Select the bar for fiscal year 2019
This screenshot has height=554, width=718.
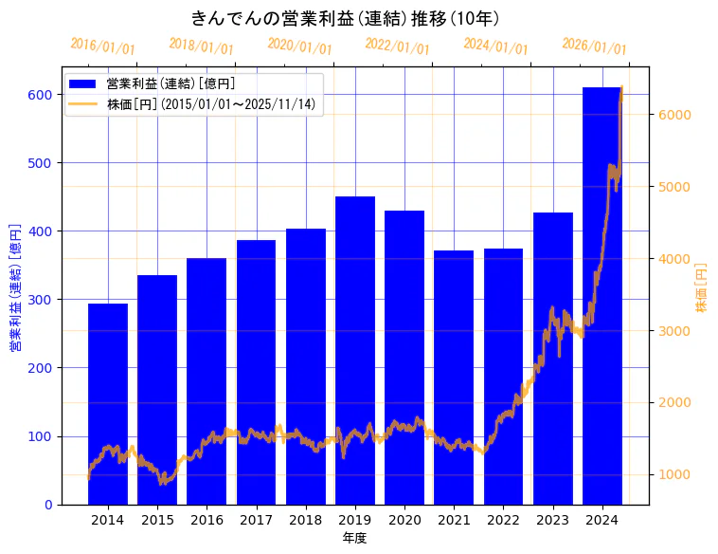point(355,351)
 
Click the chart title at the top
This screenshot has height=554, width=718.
point(346,18)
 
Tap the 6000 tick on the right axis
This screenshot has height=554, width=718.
point(676,115)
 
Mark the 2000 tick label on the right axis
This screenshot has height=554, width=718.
point(676,403)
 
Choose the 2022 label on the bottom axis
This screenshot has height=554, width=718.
point(503,520)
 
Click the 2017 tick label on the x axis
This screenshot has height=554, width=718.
point(256,520)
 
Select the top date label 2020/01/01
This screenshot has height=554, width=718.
point(299,46)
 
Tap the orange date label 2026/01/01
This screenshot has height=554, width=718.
point(594,46)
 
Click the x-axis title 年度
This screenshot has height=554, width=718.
point(354,538)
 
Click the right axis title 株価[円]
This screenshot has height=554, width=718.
point(702,288)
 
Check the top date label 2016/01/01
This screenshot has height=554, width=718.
point(102,46)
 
